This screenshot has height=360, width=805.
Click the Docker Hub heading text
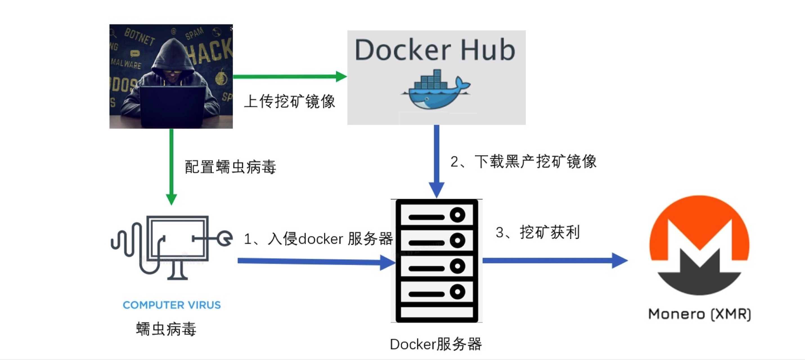click(435, 50)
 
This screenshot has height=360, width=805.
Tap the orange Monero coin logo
click(699, 245)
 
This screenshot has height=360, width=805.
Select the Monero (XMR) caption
click(699, 314)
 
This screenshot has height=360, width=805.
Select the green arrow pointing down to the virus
click(171, 166)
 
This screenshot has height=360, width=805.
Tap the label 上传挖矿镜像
click(289, 101)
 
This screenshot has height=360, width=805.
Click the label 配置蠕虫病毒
click(230, 166)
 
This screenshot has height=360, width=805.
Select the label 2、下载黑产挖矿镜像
click(523, 161)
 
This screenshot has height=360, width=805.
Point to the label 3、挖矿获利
click(538, 232)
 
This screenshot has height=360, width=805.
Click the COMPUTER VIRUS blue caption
click(172, 305)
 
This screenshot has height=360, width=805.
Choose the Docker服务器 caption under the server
click(436, 344)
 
